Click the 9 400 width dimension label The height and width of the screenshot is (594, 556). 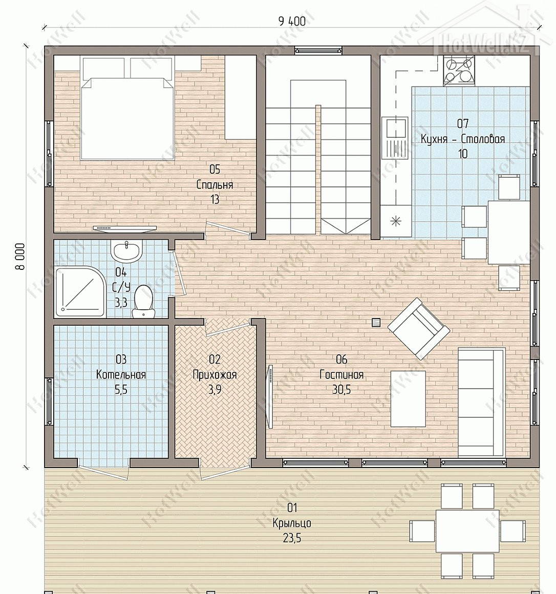click(292, 21)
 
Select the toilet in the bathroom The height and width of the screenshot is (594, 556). click(143, 302)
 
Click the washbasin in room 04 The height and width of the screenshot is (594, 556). click(126, 251)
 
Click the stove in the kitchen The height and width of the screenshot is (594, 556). click(458, 71)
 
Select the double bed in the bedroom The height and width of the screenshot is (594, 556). click(127, 108)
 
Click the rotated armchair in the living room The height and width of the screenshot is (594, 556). click(418, 328)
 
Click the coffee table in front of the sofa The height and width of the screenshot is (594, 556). click(408, 398)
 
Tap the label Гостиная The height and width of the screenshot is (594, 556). click(341, 375)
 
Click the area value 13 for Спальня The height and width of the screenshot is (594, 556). click(215, 199)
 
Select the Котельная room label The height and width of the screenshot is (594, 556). click(121, 375)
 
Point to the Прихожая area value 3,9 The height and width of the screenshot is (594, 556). click(215, 390)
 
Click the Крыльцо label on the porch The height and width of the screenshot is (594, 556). click(292, 523)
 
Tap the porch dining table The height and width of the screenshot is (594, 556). click(467, 531)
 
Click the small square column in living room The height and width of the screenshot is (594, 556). click(376, 323)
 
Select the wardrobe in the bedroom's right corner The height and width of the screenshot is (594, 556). click(241, 98)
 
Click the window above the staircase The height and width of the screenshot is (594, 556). click(318, 50)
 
